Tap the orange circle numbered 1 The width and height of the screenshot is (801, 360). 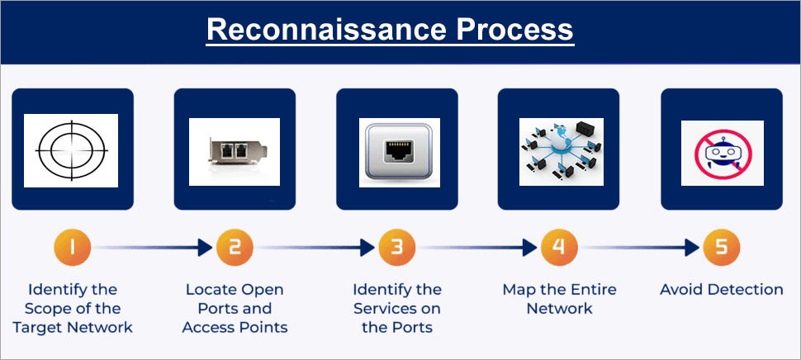coord(72,247)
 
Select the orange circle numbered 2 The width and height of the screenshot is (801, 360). coord(235,247)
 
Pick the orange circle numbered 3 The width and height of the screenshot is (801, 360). coord(397,247)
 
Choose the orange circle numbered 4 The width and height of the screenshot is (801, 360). coord(559,247)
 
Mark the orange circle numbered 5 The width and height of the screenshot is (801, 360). coord(722,247)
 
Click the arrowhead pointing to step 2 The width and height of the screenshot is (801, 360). coord(206,247)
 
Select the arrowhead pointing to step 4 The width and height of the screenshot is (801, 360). coord(532,247)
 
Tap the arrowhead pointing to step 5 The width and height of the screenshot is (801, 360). coord(694,247)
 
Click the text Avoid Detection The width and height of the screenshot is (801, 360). coord(722,290)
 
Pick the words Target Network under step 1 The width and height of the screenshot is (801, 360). coord(72,327)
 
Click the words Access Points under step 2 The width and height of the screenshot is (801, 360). coord(235,327)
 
